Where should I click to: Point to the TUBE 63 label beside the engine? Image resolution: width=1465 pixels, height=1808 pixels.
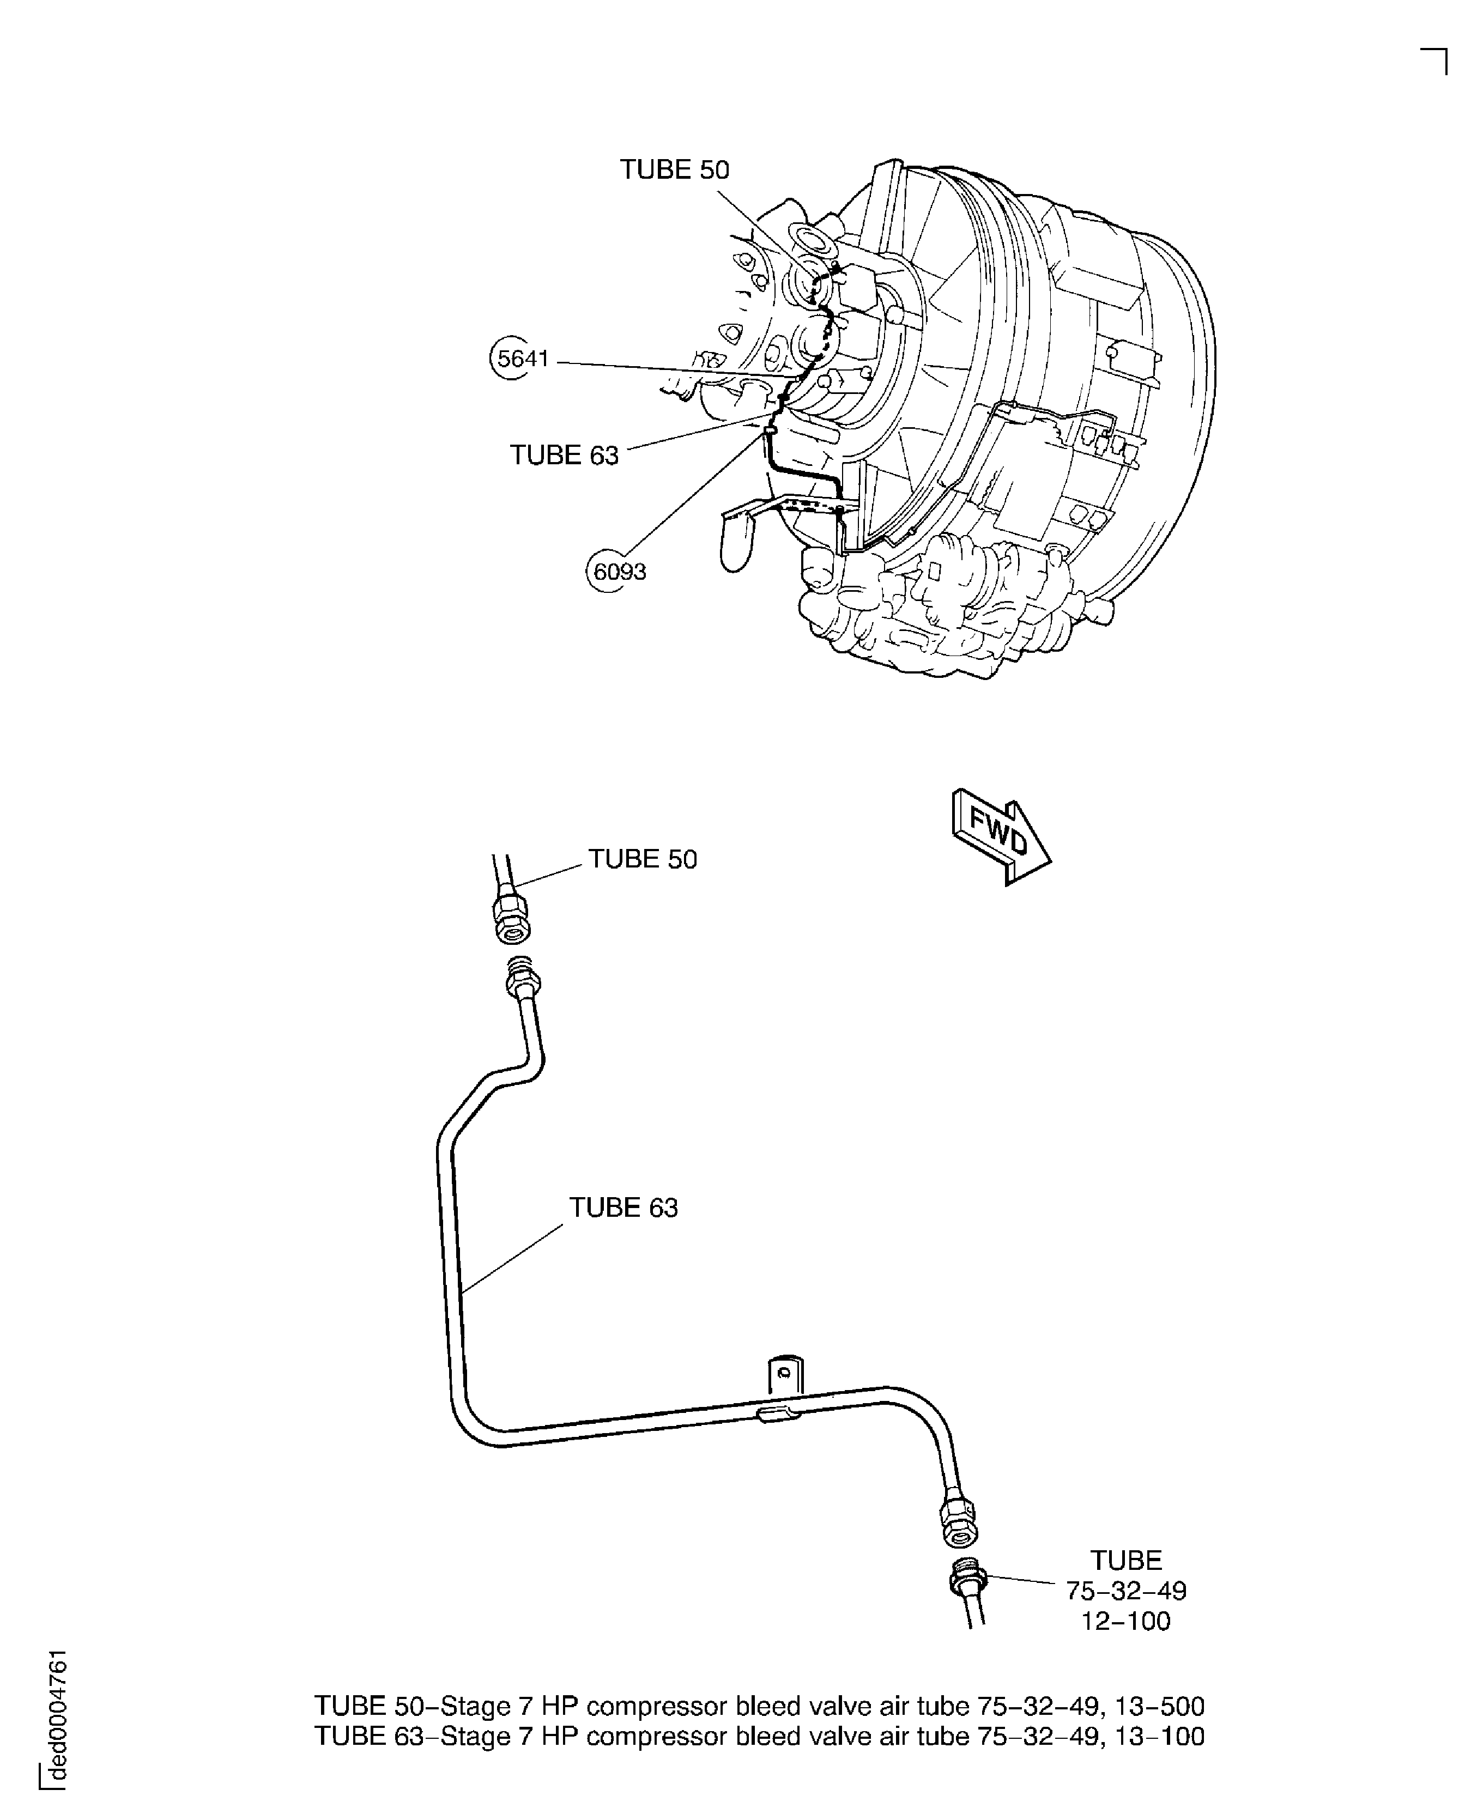click(x=564, y=456)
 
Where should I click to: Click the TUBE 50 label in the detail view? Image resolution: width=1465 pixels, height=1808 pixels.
click(x=642, y=859)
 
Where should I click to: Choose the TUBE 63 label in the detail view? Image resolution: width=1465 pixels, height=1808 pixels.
click(x=623, y=1208)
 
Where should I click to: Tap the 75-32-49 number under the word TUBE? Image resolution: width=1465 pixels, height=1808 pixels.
click(x=1126, y=1591)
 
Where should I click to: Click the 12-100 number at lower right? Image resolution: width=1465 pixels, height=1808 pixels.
click(x=1126, y=1621)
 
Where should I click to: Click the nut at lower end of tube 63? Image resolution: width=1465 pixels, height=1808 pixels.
click(x=958, y=1522)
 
